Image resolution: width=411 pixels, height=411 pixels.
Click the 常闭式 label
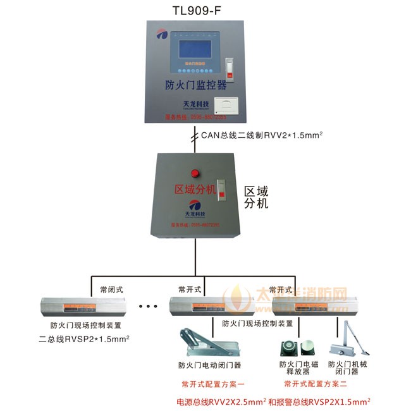point(112,290)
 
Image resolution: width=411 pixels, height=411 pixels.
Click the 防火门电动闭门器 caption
point(209,365)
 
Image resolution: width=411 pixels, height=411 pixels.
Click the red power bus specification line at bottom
point(273,402)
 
